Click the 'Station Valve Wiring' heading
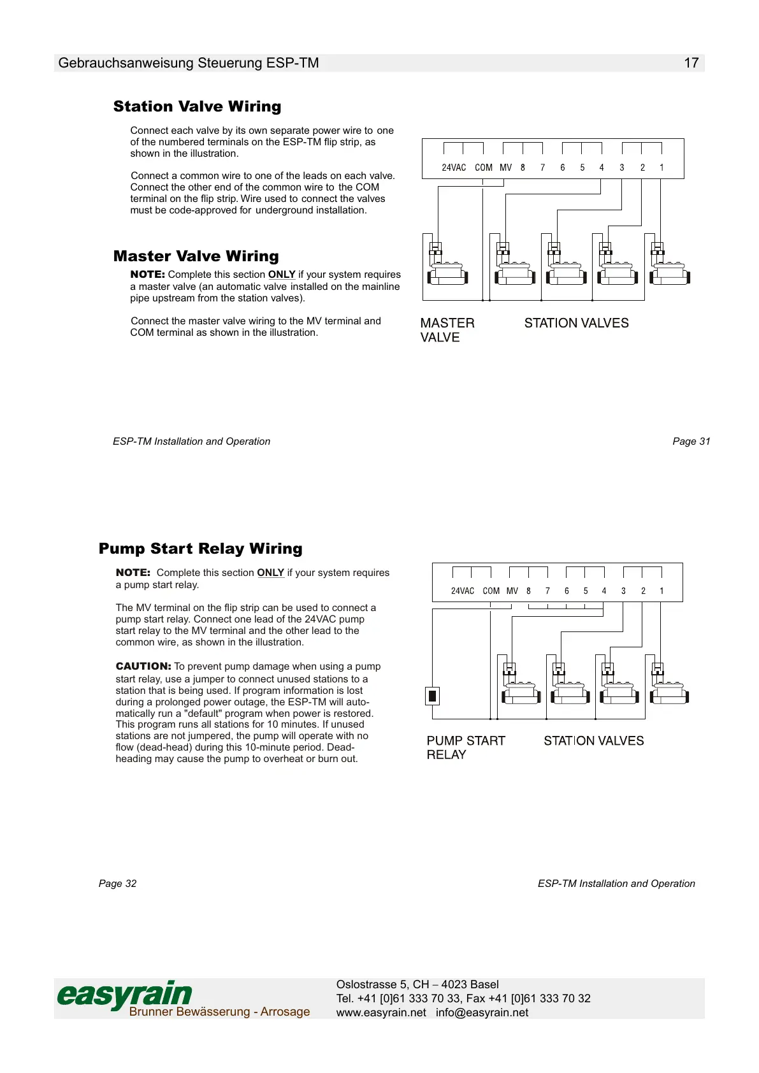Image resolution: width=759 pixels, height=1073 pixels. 197,106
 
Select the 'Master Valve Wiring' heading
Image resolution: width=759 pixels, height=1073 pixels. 196,256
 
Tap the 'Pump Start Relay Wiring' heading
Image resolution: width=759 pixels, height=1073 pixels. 200,549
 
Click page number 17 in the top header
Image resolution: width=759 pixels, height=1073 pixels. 691,63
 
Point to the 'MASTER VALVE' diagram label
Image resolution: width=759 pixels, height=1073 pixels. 447,330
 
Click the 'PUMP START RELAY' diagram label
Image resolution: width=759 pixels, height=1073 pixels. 465,747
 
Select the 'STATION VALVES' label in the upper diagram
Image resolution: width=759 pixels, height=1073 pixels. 576,323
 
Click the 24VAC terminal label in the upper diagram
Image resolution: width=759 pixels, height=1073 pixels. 454,168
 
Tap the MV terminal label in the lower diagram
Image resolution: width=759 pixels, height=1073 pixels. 512,591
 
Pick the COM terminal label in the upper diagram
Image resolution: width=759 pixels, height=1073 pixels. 484,168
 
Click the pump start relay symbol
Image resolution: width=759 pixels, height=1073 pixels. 433,695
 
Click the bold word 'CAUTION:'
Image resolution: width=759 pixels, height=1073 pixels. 143,666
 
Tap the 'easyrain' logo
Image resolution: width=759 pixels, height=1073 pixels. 124,995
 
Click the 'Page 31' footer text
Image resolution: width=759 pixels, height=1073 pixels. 691,442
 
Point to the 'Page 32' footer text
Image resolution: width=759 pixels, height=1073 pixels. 118,884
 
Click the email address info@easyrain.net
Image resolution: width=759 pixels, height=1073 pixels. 482,1012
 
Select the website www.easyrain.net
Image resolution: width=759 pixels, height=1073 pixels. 381,1012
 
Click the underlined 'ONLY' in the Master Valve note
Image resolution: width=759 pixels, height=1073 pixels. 281,275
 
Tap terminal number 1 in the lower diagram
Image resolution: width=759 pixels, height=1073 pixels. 661,591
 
